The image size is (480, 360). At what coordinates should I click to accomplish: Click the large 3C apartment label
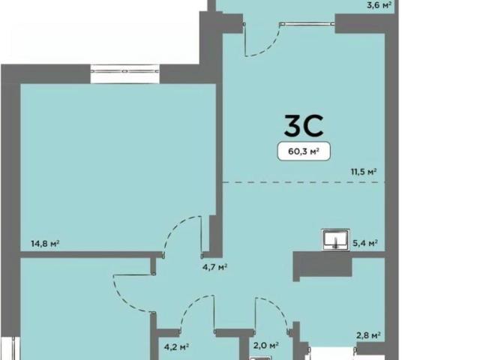pos(303,125)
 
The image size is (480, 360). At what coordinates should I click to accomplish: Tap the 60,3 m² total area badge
pos(304,151)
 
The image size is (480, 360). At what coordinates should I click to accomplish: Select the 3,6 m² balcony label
pos(379,5)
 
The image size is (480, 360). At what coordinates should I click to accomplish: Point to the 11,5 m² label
pos(364,172)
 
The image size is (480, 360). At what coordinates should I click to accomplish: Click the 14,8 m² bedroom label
pos(45,244)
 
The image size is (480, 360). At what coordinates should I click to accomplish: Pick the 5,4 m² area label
pos(365,243)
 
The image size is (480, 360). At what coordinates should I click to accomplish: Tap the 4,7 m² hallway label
pos(214,267)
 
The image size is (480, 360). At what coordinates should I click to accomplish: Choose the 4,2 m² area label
pos(176,346)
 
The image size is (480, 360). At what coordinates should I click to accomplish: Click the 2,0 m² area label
pos(265,346)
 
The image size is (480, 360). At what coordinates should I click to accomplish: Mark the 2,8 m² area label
pos(368,336)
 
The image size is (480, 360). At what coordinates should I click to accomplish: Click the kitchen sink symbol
pos(335,239)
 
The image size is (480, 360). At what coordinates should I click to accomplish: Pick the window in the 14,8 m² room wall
pos(125,73)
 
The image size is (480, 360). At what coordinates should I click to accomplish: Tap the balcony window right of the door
pos(307,23)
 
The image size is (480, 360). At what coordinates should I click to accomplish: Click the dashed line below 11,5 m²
pos(303,182)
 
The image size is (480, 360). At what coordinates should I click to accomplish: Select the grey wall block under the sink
pos(322,265)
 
